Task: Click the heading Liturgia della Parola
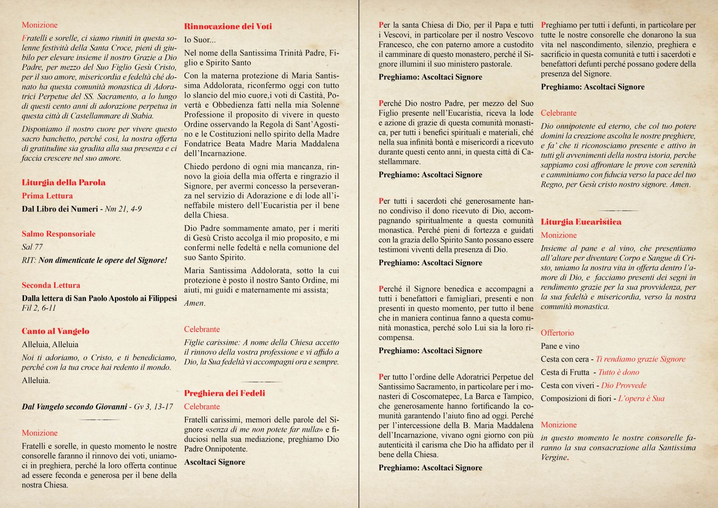[64, 183]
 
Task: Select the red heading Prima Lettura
[47, 196]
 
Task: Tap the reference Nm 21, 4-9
[123, 209]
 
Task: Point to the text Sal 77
[32, 247]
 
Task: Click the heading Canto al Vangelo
[56, 331]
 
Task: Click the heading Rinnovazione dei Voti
[228, 26]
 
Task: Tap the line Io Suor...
[200, 39]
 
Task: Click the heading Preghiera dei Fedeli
[224, 393]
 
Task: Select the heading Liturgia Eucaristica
[581, 222]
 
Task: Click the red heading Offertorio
[557, 333]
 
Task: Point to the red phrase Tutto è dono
[618, 372]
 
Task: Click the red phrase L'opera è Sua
[641, 399]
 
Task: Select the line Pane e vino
[560, 346]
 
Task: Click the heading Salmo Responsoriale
[59, 234]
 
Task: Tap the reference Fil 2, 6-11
[39, 308]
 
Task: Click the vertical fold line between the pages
[359, 254]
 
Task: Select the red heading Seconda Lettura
[51, 285]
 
